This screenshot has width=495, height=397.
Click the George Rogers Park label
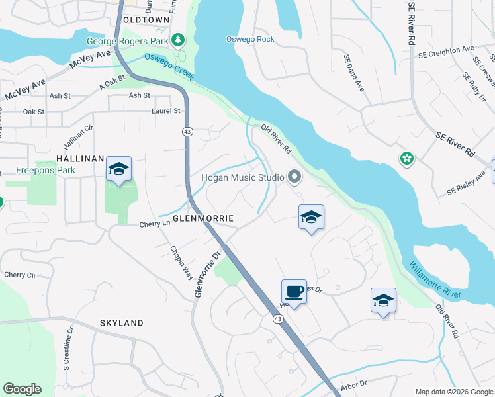pyautogui.click(x=128, y=41)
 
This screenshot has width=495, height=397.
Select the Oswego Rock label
pyautogui.click(x=251, y=39)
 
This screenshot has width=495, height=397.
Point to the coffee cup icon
pyautogui.click(x=294, y=291)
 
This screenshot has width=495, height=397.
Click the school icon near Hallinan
pyautogui.click(x=118, y=169)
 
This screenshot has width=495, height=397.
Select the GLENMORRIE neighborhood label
pyautogui.click(x=204, y=218)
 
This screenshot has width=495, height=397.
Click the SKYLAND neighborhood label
pyautogui.click(x=121, y=323)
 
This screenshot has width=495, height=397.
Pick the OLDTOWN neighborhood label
pyautogui.click(x=147, y=21)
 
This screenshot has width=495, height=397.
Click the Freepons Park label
pyautogui.click(x=46, y=170)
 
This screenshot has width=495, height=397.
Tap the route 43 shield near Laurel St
pyautogui.click(x=188, y=132)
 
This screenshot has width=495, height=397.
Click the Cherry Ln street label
pyautogui.click(x=155, y=224)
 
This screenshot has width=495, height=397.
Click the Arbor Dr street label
pyautogui.click(x=354, y=384)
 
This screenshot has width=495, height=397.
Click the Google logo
pyautogui.click(x=22, y=389)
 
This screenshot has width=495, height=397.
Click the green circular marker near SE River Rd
pyautogui.click(x=407, y=159)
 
